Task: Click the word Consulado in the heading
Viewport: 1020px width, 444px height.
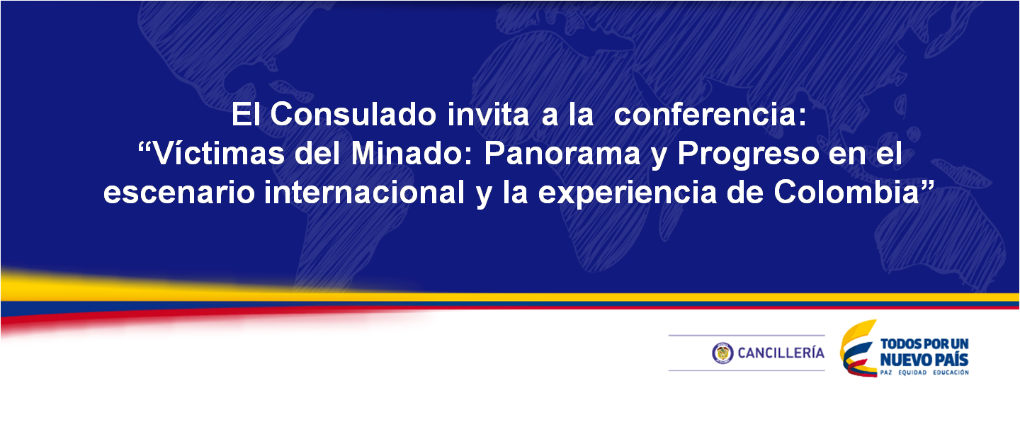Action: point(353,114)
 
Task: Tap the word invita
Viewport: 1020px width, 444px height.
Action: point(488,114)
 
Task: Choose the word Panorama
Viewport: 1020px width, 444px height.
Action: point(562,154)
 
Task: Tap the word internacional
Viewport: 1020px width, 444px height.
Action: point(364,192)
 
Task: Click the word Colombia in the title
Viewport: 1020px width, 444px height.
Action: point(846,192)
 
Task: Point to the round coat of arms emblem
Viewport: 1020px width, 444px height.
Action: point(722,353)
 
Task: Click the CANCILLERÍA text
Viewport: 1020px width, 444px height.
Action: point(781,353)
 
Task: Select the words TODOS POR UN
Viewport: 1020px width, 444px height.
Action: point(924,344)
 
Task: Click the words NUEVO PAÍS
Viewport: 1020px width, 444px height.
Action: point(924,360)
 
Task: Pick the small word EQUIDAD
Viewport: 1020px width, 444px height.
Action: point(912,372)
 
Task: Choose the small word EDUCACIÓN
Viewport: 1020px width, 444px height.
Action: point(951,372)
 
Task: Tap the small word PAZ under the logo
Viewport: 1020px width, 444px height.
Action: point(886,372)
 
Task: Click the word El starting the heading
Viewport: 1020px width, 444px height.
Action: point(246,114)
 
